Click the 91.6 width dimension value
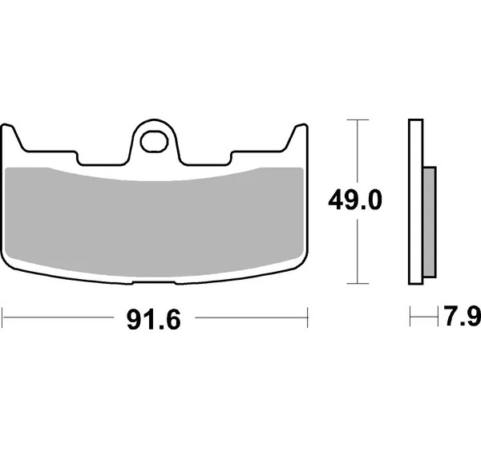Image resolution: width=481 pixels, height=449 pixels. pyautogui.click(x=154, y=320)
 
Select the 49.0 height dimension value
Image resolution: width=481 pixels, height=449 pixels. pyautogui.click(x=355, y=200)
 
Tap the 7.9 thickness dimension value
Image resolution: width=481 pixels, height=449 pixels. pyautogui.click(x=463, y=316)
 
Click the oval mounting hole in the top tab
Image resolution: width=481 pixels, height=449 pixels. pyautogui.click(x=154, y=141)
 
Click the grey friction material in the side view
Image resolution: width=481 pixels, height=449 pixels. pyautogui.click(x=430, y=222)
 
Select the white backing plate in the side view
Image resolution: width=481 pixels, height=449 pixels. pyautogui.click(x=415, y=201)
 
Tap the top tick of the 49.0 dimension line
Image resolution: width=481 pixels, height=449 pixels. pyautogui.click(x=358, y=119)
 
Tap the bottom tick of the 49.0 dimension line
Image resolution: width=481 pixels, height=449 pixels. pyautogui.click(x=358, y=283)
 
